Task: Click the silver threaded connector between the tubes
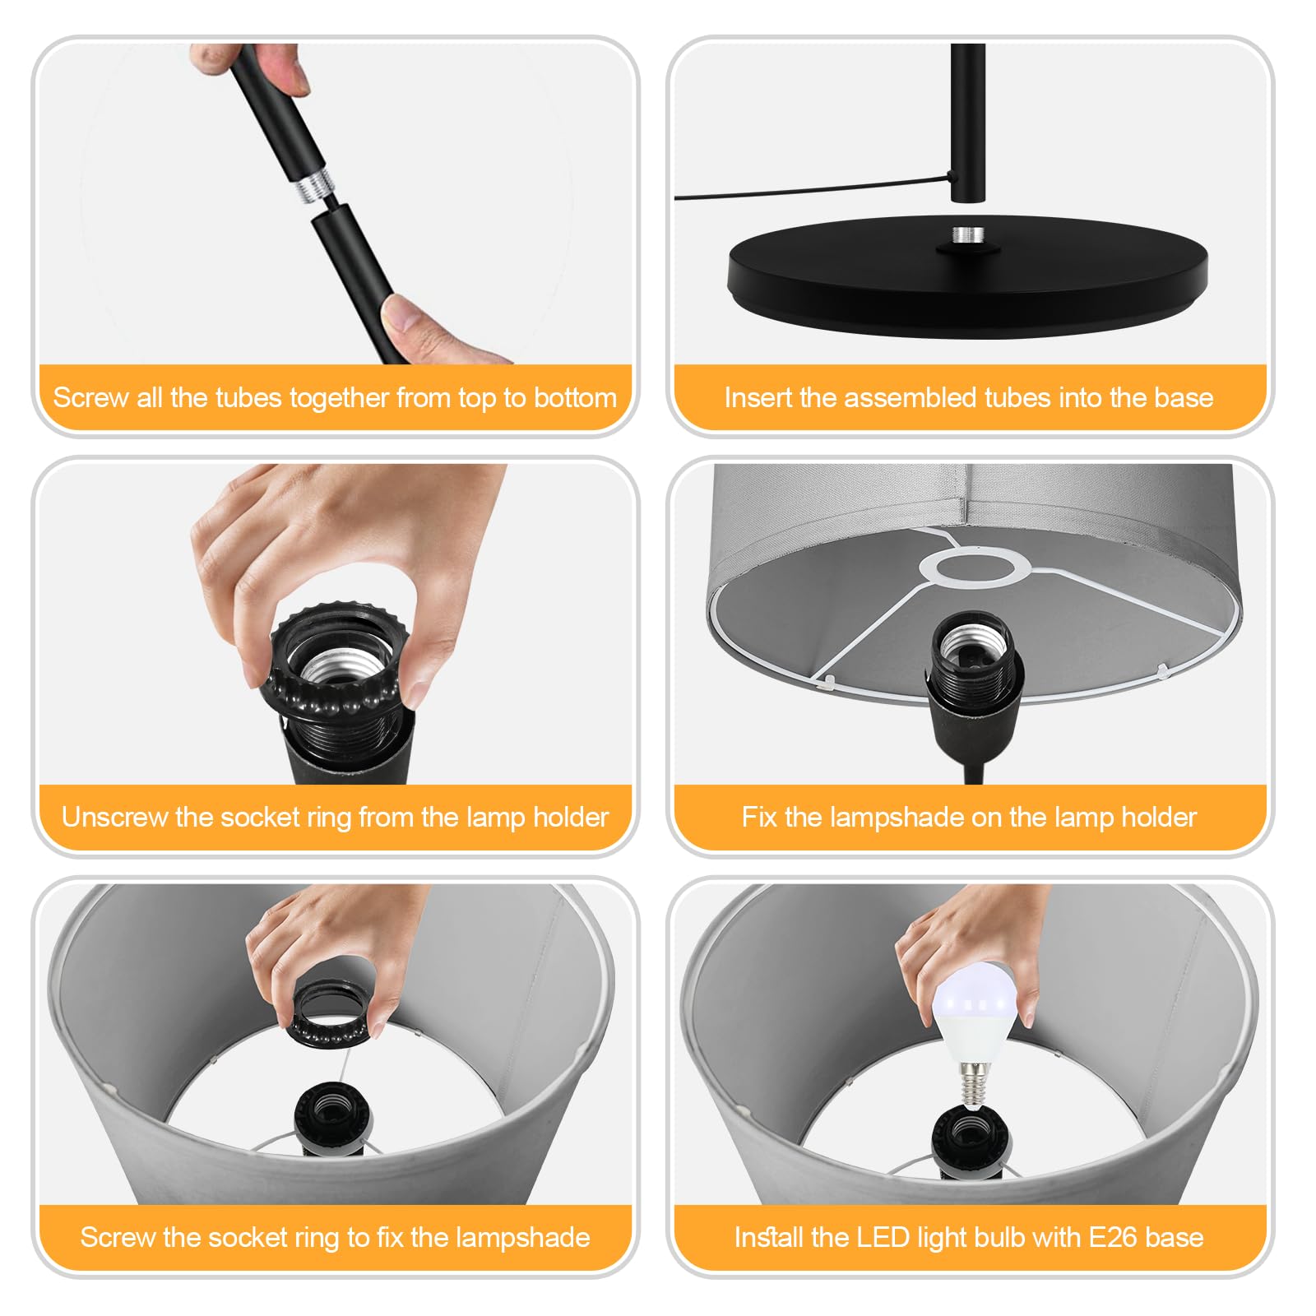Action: click(x=311, y=189)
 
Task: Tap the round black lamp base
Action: click(x=967, y=276)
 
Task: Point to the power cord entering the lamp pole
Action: click(x=814, y=191)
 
